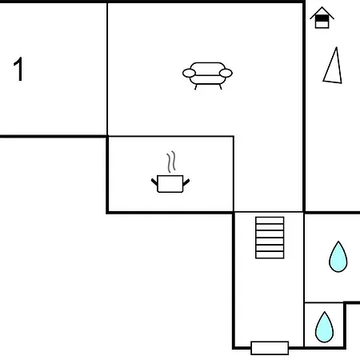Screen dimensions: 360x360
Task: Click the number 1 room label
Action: [x=18, y=69]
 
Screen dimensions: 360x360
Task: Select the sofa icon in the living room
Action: [x=207, y=76]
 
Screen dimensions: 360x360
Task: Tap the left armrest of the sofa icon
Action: [x=189, y=73]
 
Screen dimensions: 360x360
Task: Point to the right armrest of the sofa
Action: [x=226, y=73]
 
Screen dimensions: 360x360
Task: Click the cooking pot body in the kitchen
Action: [x=170, y=184]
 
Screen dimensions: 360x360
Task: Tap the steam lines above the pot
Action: [x=171, y=162]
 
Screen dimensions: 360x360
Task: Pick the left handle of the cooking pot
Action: [x=154, y=182]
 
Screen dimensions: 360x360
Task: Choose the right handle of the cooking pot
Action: [x=186, y=182]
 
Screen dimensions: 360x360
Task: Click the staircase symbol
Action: [x=270, y=238]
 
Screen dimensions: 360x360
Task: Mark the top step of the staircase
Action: [x=270, y=220]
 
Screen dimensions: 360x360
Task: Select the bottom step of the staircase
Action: [x=270, y=255]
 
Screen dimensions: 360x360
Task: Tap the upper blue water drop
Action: [x=338, y=257]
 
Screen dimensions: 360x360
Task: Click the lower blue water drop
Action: [x=324, y=327]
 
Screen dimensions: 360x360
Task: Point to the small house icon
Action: [x=322, y=18]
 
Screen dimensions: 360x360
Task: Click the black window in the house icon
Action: [x=322, y=18]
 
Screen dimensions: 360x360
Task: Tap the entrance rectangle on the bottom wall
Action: [x=270, y=348]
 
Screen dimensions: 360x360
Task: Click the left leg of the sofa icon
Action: [x=196, y=87]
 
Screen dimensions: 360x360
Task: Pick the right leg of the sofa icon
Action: [x=220, y=87]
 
